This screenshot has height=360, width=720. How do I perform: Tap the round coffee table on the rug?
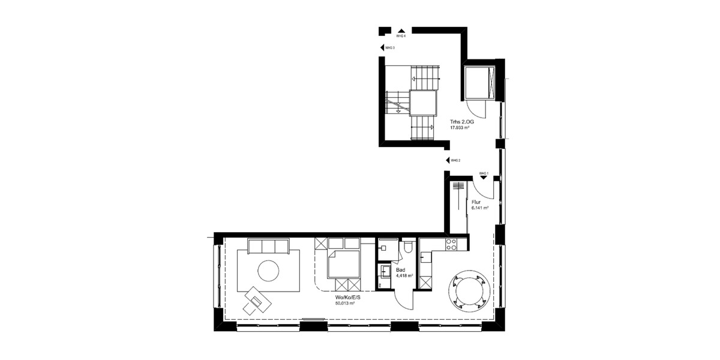click(x=268, y=271)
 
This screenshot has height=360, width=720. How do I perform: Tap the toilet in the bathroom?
click(x=407, y=247)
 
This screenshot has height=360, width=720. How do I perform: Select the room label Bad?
click(x=400, y=270)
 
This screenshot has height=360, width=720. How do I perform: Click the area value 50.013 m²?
click(x=345, y=304)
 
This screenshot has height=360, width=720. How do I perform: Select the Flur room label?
click(x=476, y=203)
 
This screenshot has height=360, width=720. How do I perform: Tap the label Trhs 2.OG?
click(x=462, y=122)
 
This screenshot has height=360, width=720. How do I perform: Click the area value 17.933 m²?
click(x=461, y=128)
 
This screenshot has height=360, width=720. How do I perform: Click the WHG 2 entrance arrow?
click(x=446, y=160)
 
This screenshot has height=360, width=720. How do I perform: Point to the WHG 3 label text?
click(x=390, y=48)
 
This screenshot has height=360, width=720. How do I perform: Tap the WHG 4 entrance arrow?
click(x=400, y=30)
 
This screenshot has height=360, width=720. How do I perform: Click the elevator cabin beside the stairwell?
click(x=478, y=83)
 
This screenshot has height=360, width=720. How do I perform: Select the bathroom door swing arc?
click(x=403, y=299)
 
